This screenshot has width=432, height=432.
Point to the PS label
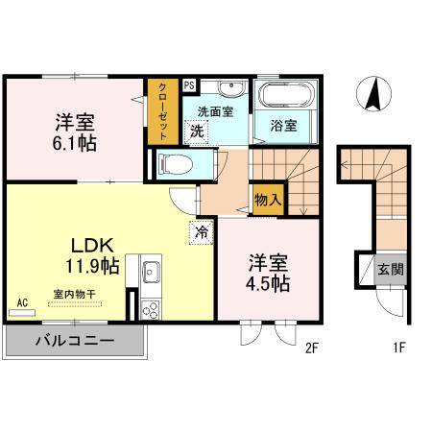(x=189, y=85)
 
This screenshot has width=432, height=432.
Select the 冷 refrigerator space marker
(x=202, y=231)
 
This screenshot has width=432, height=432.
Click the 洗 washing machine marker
(x=196, y=131)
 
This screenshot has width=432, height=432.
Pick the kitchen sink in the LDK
(x=150, y=274)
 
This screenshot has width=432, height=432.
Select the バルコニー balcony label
(x=76, y=341)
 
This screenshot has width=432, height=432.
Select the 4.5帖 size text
(x=268, y=283)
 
